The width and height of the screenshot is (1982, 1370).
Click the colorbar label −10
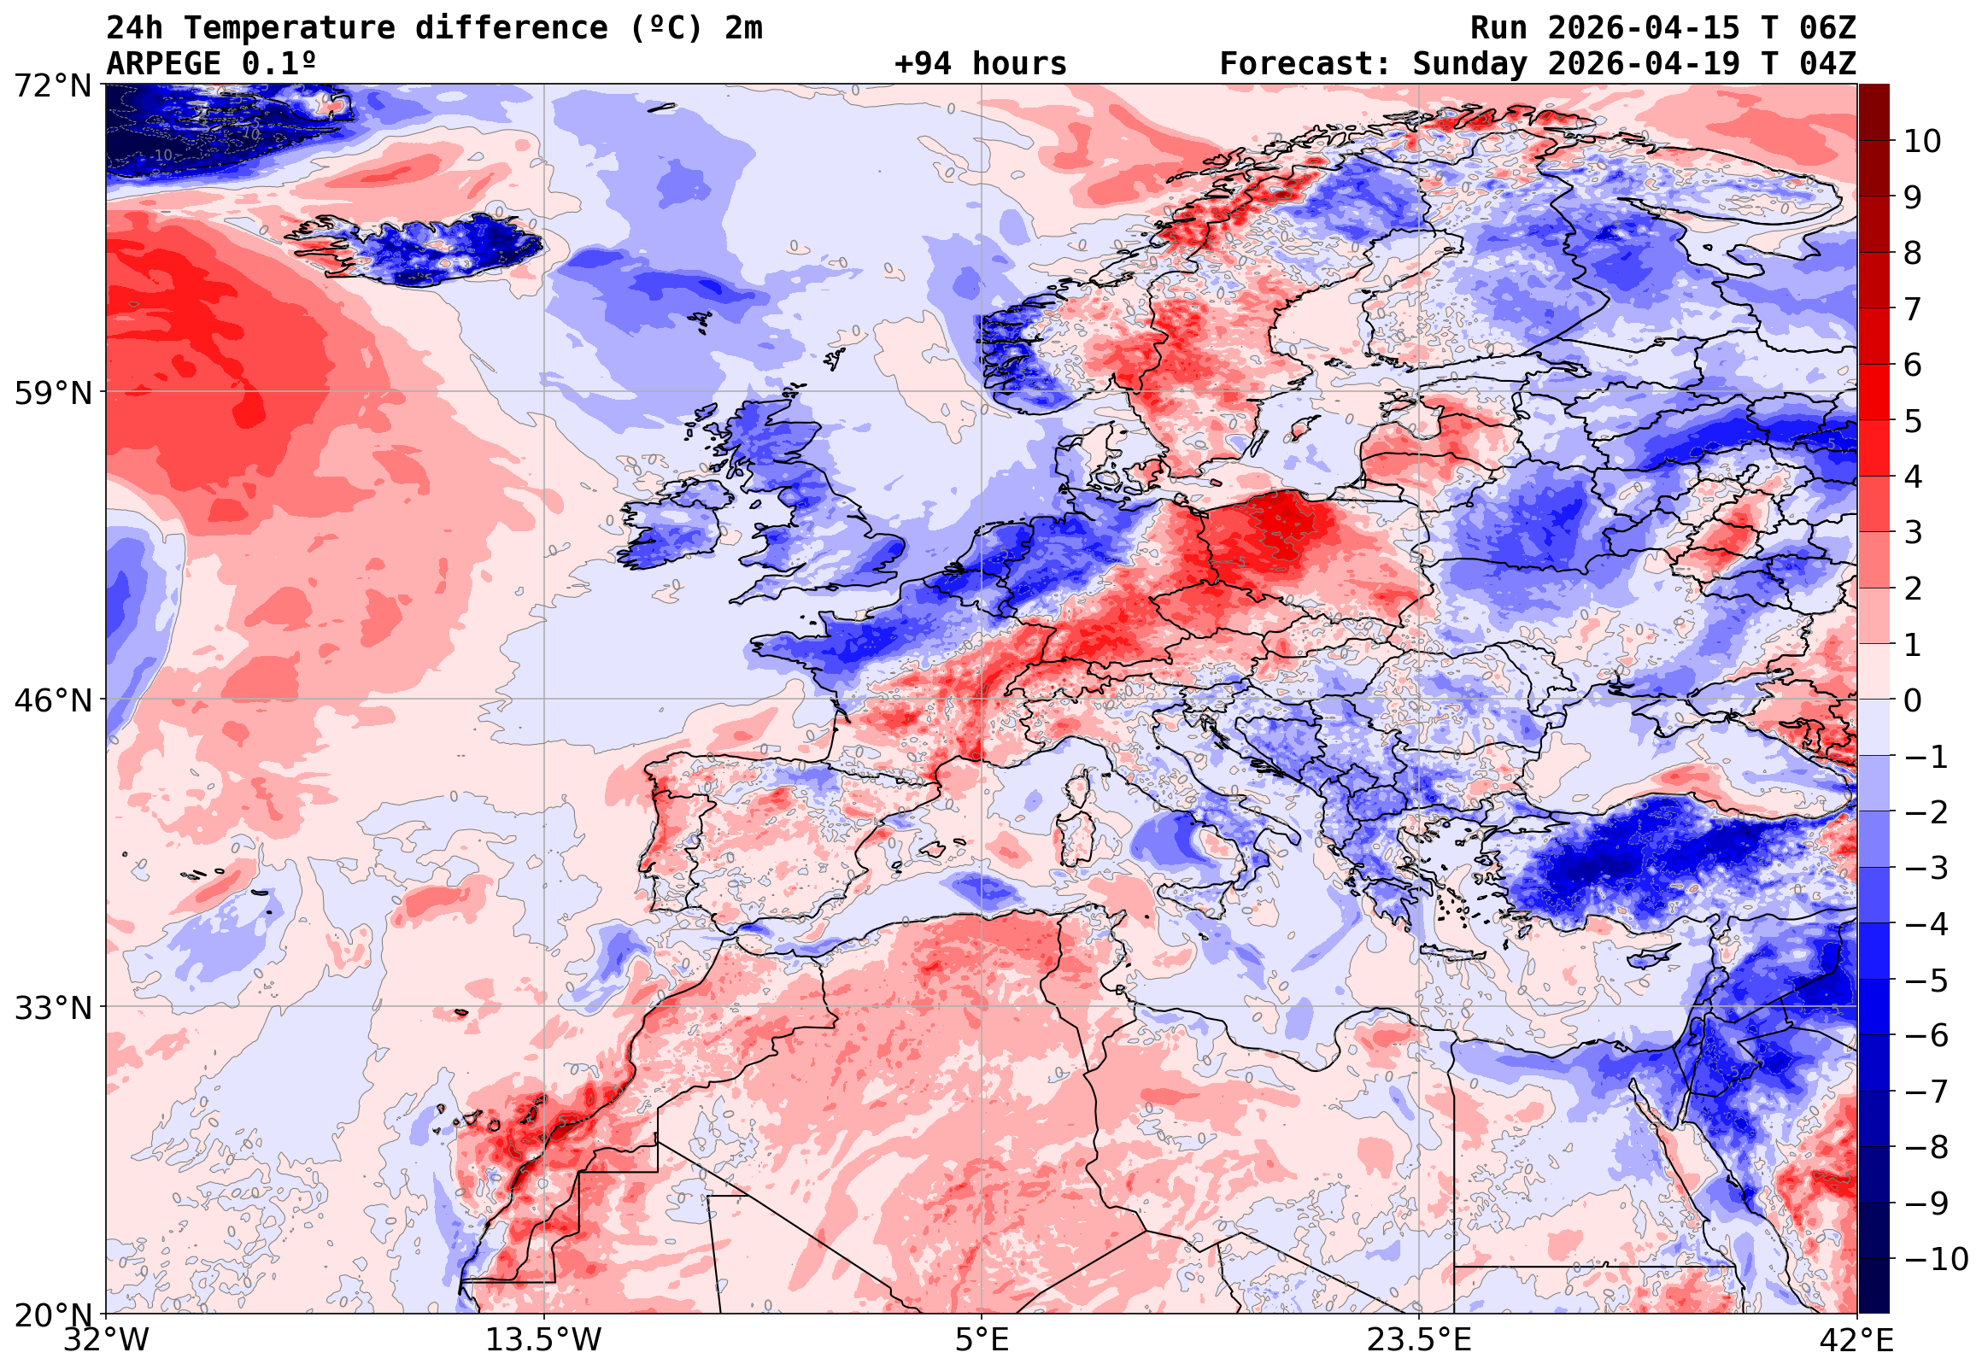pos(1936,1259)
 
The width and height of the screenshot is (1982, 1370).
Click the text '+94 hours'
pos(980,64)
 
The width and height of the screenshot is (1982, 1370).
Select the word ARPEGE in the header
pos(164,64)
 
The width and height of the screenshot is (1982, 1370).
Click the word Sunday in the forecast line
pos(1470,64)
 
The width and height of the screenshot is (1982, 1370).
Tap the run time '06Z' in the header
pos(1827,28)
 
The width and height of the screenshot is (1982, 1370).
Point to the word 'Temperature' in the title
pos(290,28)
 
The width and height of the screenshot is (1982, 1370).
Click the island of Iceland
pos(429,249)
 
